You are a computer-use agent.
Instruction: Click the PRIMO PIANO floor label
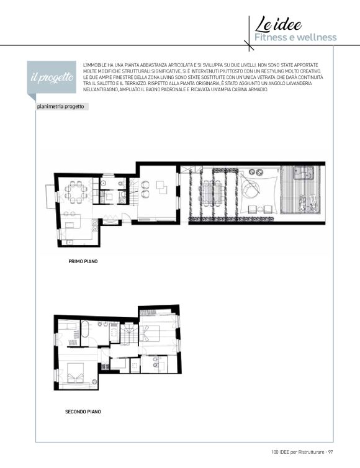83,261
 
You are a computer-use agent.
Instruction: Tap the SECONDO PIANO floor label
83,412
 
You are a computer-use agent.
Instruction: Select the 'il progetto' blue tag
52,78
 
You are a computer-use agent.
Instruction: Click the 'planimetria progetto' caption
60,107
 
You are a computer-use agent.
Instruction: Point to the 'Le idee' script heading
278,24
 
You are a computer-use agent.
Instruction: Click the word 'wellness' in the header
317,37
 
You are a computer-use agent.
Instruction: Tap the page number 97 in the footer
330,452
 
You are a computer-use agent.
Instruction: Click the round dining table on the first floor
76,192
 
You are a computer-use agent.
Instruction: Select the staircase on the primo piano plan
133,191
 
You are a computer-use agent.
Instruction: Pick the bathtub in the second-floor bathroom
85,329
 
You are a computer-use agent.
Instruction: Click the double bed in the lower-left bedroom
75,373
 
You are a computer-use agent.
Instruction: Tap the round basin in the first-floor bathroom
104,184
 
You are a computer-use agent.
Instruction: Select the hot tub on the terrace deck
304,173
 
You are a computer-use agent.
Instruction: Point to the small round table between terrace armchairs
260,210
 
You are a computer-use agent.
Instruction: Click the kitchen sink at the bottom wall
69,242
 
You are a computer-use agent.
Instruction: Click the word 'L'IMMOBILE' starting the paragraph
94,65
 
